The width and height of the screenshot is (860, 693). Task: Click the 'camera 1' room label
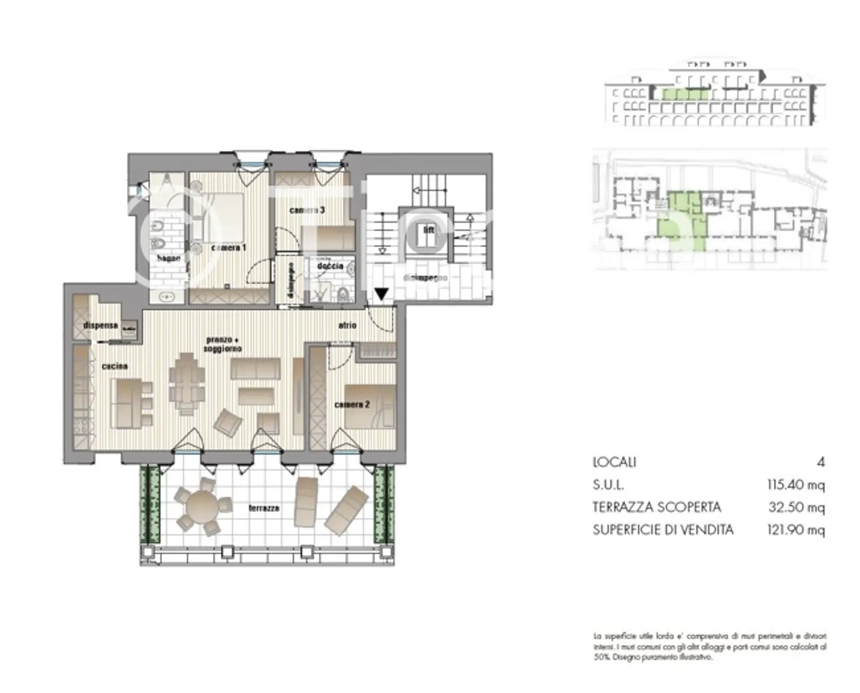[228, 248]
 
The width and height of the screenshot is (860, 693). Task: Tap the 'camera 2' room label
[352, 405]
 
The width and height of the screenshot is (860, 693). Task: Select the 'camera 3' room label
[307, 210]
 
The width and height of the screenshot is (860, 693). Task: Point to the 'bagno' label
[168, 258]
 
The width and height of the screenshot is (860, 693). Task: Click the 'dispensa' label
[100, 325]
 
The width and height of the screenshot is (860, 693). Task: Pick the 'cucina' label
[114, 366]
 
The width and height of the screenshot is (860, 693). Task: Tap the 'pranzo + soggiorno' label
[223, 344]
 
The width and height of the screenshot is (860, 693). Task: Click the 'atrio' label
[347, 325]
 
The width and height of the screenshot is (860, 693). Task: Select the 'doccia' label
[330, 265]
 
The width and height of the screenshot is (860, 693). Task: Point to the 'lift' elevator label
[428, 230]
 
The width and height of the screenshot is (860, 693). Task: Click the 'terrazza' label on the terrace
[263, 508]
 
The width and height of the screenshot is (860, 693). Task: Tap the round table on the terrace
[203, 507]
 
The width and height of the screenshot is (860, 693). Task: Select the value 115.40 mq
[795, 484]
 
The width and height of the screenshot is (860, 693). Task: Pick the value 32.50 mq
[796, 507]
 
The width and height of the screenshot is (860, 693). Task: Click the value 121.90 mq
[795, 530]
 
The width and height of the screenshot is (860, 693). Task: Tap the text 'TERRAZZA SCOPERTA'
[656, 507]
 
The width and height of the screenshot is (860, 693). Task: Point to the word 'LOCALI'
[614, 462]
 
